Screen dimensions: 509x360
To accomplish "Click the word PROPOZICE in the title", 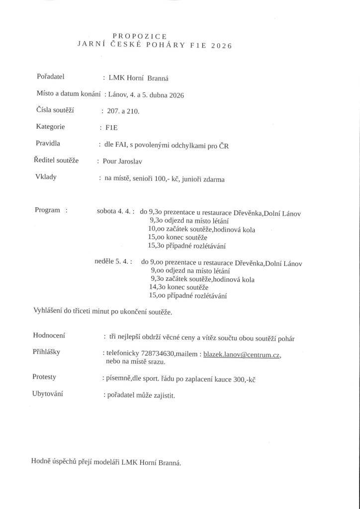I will [x=140, y=36].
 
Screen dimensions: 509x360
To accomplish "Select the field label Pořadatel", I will [x=51, y=77].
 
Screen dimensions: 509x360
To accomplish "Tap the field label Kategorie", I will [x=50, y=127].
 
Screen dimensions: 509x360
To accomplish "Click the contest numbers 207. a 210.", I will [x=123, y=111].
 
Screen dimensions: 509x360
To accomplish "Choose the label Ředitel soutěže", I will [x=57, y=160].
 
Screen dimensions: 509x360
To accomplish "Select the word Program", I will [x=48, y=210].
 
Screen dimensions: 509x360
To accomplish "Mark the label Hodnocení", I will [x=49, y=336].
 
